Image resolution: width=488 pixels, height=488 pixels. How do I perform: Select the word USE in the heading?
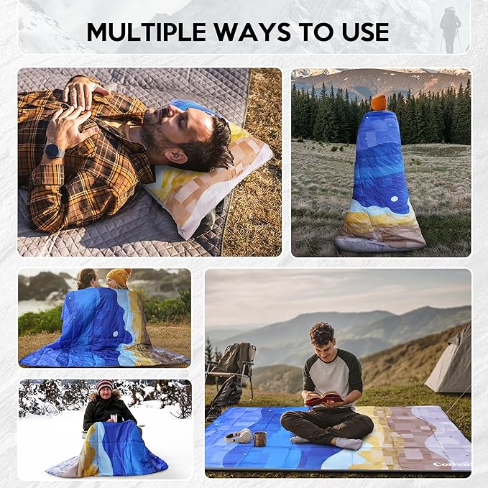point(364,32)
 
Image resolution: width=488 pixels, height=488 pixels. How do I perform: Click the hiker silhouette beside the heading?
point(450,29)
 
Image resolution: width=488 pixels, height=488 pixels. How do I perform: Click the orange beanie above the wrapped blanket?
point(378,102)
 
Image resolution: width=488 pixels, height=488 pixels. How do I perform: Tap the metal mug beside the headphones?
point(259,438)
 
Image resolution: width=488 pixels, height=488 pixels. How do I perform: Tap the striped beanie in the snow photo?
point(105,386)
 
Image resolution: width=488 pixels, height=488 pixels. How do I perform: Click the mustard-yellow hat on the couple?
point(119,276)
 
